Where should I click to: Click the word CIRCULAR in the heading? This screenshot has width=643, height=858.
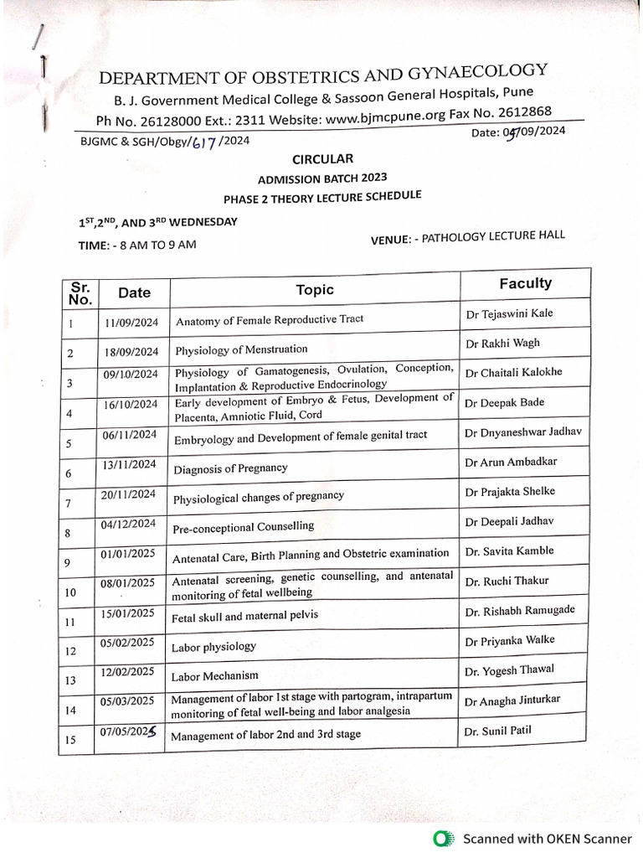322,158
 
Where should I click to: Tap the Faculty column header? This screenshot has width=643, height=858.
525,283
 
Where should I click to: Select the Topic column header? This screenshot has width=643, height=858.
315,290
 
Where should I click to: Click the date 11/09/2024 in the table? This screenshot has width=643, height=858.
132,322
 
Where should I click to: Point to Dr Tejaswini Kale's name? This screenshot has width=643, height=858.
509,314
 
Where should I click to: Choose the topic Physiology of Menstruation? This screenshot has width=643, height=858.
241,349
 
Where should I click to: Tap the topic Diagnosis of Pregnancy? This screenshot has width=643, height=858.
230,468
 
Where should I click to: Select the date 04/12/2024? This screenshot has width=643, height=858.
130,525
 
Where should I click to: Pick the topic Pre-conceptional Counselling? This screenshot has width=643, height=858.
243,527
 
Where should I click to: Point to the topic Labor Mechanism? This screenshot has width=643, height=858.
214,675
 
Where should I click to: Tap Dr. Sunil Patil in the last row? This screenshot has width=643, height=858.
498,731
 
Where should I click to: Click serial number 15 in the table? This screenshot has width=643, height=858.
70,739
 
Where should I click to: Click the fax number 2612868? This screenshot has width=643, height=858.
523,112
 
